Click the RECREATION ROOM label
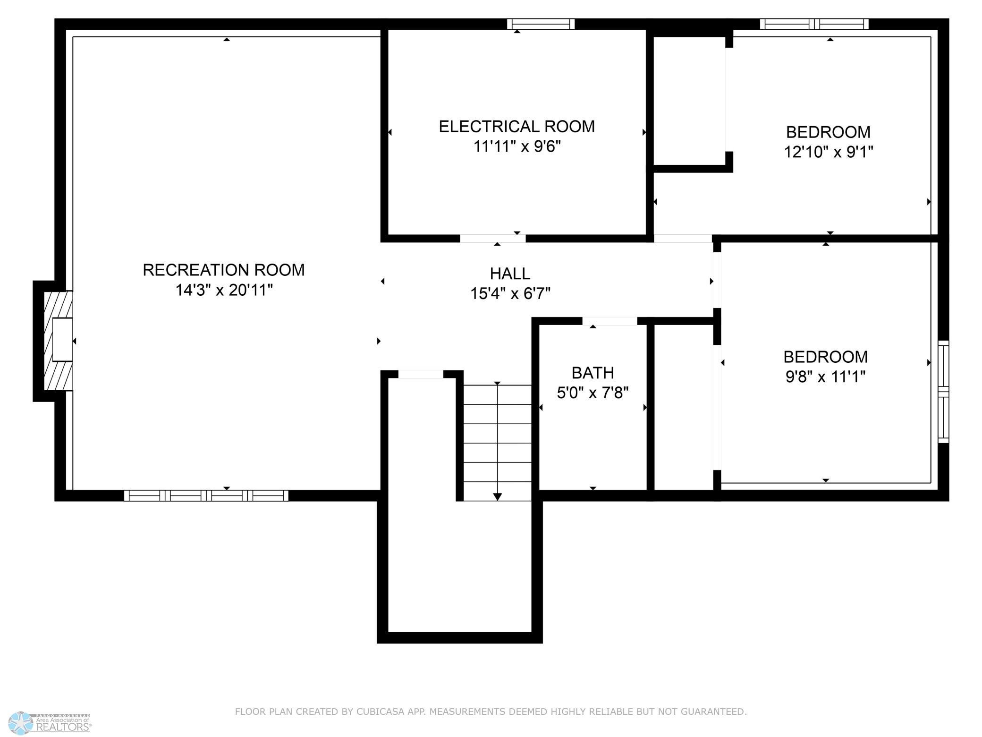[x=223, y=270]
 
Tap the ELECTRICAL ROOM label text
[x=516, y=127]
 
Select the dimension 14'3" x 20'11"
[x=224, y=290]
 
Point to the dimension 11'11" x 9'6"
[x=516, y=146]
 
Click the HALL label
[x=510, y=274]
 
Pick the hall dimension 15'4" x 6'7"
[x=510, y=294]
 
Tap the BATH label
[x=593, y=373]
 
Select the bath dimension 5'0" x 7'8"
[x=593, y=393]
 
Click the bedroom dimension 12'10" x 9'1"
[x=829, y=152]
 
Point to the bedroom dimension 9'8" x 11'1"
[x=825, y=377]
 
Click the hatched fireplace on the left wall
[x=58, y=341]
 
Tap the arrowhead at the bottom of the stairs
[x=497, y=497]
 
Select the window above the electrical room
[x=541, y=24]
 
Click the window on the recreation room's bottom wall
[x=206, y=495]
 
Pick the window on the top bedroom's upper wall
[x=814, y=24]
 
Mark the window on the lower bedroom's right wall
[x=943, y=392]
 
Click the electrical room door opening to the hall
[x=493, y=239]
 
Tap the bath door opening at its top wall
[x=610, y=321]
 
